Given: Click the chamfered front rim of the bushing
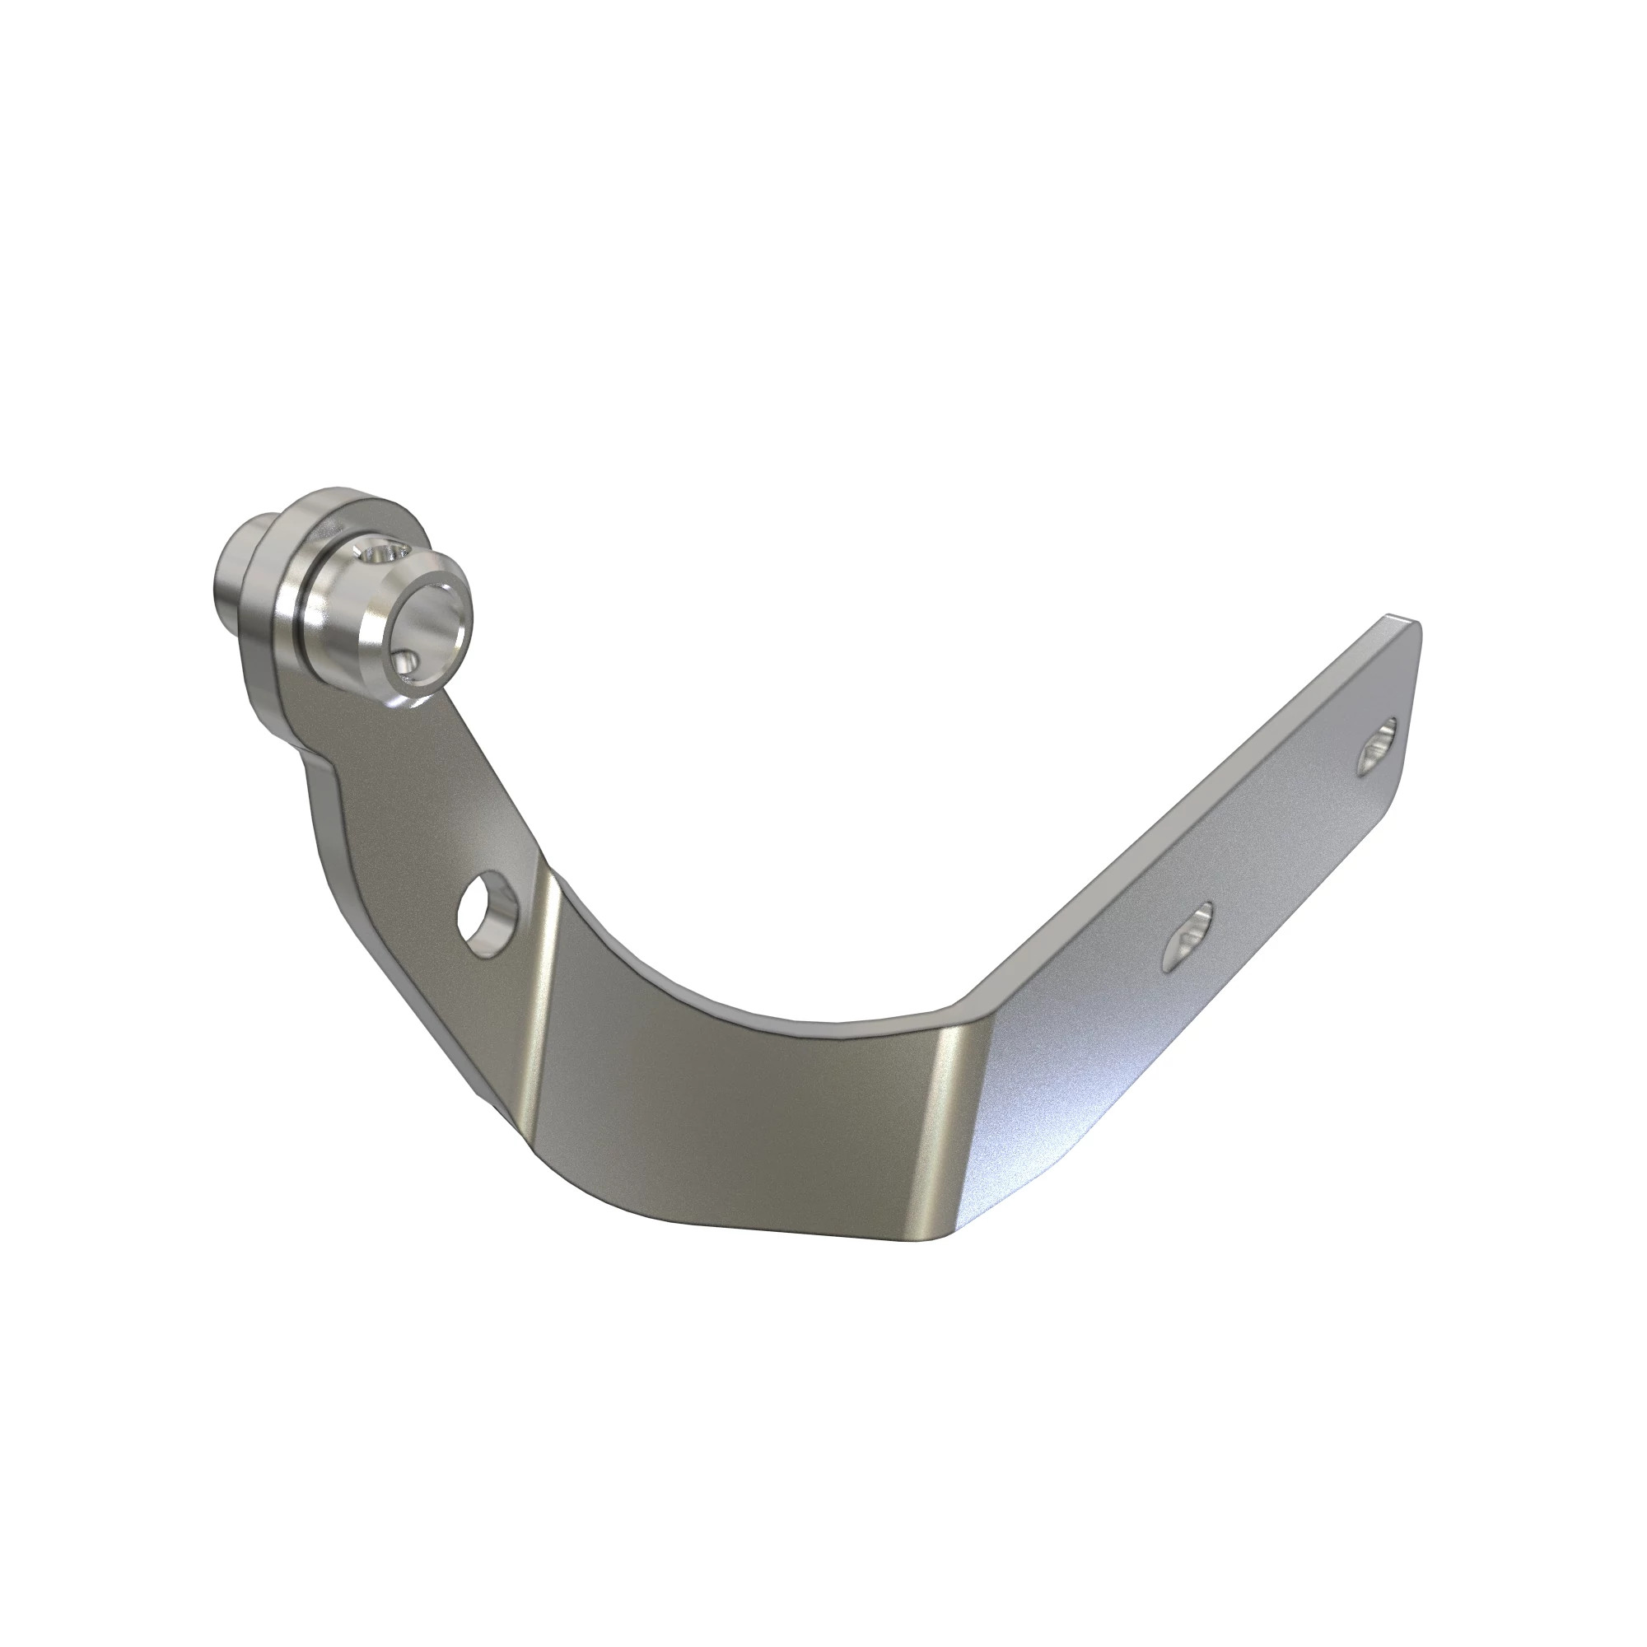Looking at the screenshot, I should coord(375,635).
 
